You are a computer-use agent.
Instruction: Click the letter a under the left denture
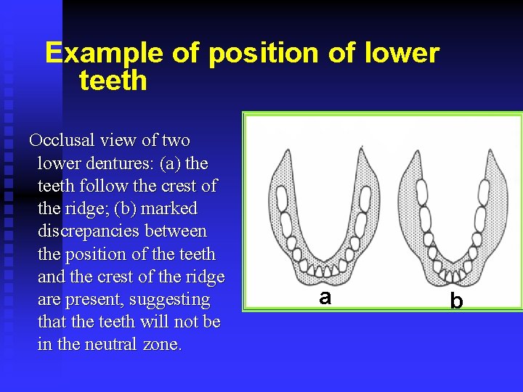[325, 296]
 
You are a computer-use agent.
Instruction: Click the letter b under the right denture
[456, 299]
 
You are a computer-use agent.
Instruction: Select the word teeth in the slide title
[113, 81]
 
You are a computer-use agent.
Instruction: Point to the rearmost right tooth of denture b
[483, 191]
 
